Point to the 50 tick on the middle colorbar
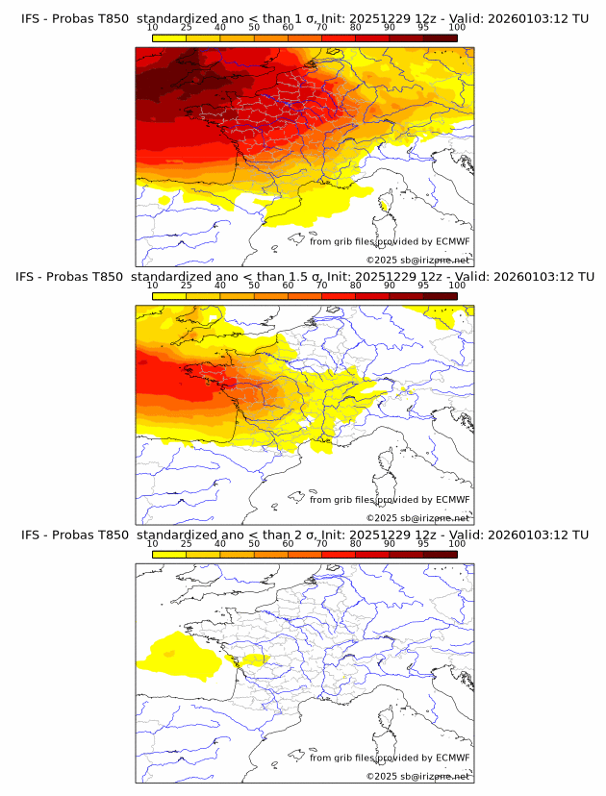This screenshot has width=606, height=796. [254, 286]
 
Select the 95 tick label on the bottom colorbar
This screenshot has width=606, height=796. [423, 543]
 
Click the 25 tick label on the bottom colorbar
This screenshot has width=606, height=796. [187, 543]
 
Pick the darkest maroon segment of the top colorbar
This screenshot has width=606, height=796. [440, 38]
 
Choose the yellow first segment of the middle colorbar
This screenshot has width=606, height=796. [169, 296]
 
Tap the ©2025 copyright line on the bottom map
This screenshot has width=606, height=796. [417, 776]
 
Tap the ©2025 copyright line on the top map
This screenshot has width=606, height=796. [417, 261]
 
